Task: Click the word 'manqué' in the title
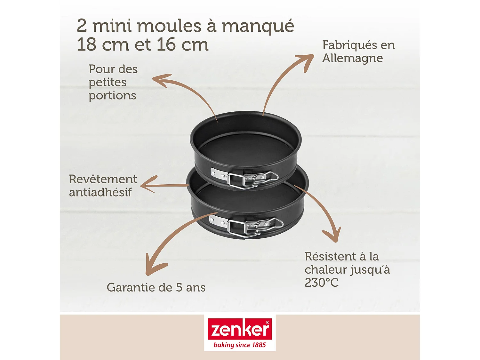click(258, 26)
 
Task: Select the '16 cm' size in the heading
click(182, 44)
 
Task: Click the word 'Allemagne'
click(352, 58)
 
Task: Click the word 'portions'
click(112, 95)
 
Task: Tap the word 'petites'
click(108, 82)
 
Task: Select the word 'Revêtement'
click(103, 179)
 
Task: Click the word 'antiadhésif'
click(100, 192)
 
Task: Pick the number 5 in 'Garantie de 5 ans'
click(179, 287)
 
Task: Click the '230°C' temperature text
click(321, 283)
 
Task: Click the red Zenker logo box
click(240, 329)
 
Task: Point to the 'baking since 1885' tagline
click(240, 345)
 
